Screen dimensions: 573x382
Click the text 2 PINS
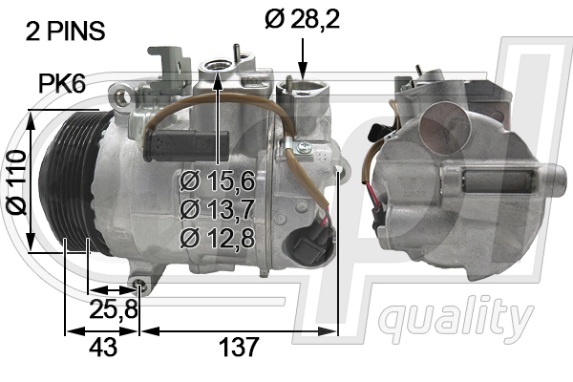point(65,32)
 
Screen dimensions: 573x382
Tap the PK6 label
point(62,84)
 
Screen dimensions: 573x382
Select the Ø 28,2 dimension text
point(303,19)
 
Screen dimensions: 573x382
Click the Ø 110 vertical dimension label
point(17,181)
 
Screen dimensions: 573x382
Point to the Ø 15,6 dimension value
point(217,180)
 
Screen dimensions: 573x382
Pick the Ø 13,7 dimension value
point(217,210)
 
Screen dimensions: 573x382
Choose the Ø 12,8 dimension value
point(217,239)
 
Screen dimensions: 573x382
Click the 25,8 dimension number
point(114,308)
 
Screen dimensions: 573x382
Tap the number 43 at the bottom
point(103,347)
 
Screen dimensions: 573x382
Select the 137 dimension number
point(239,347)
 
